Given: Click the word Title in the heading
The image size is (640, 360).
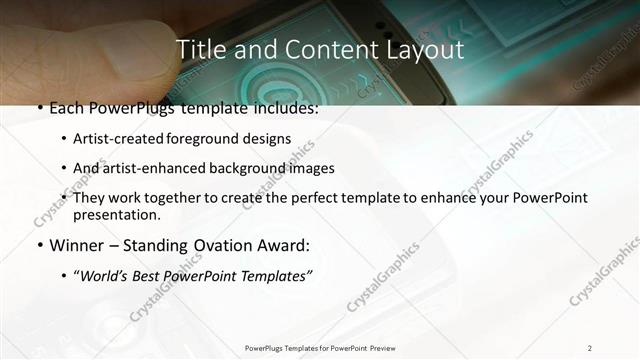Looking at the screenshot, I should point(199,49).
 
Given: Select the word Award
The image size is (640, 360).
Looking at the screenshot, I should point(284,245).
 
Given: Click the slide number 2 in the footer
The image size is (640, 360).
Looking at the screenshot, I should point(590,348).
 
